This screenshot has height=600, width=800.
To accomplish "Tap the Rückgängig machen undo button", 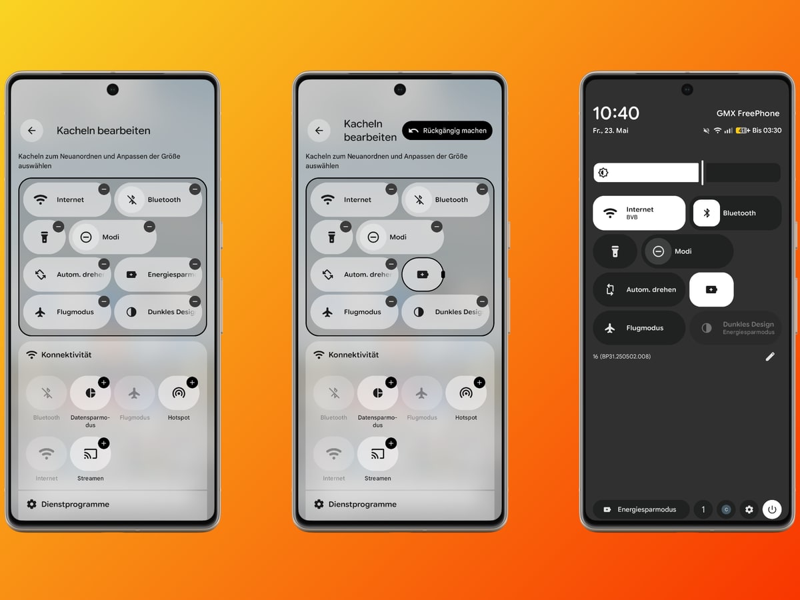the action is [447, 131].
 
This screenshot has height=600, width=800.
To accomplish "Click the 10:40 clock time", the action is [616, 113].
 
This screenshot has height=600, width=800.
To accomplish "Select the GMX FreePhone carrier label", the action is [748, 113].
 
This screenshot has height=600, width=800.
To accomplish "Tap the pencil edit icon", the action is [770, 356].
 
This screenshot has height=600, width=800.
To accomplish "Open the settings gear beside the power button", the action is [749, 509].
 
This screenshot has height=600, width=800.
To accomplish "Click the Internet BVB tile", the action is [639, 213].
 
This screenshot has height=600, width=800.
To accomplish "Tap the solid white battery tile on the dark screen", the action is [711, 289].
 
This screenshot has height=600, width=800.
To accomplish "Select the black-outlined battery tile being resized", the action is [423, 274].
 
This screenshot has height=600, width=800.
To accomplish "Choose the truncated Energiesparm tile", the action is [158, 274].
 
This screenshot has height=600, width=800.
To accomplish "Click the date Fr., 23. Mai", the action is [611, 131].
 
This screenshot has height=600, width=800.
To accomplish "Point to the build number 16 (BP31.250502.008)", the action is [622, 356].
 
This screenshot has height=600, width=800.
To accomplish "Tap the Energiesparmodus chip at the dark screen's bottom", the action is [641, 509].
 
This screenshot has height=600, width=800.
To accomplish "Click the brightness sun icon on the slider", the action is [603, 172].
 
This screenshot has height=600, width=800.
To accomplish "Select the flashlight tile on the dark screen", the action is [615, 251].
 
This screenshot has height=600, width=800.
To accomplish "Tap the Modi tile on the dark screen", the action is [687, 251].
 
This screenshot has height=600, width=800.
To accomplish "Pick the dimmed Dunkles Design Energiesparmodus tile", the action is [735, 328].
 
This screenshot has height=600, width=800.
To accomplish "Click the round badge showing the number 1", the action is [703, 509].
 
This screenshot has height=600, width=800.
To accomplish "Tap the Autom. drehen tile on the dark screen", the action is [639, 289].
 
